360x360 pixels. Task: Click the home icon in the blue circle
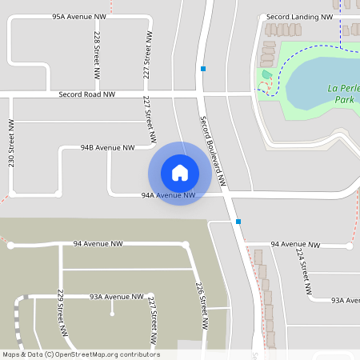pyautogui.click(x=180, y=172)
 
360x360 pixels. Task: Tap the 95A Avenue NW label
pyautogui.click(x=79, y=16)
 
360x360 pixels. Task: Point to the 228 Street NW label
pyautogui.click(x=97, y=54)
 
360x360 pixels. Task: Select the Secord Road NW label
pyautogui.click(x=86, y=94)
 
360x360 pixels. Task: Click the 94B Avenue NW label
pyautogui.click(x=107, y=147)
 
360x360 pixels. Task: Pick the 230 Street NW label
pyautogui.click(x=11, y=143)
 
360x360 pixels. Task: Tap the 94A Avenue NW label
pyautogui.click(x=168, y=194)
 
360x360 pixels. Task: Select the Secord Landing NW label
pyautogui.click(x=300, y=16)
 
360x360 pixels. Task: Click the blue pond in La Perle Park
pyautogui.click(x=316, y=84)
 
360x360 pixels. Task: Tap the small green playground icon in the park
pyautogui.click(x=266, y=75)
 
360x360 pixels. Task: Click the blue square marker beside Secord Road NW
pyautogui.click(x=204, y=69)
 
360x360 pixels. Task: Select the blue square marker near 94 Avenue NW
pyautogui.click(x=238, y=222)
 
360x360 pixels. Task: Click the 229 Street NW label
pyautogui.click(x=61, y=312)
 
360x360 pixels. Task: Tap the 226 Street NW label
pyautogui.click(x=202, y=306)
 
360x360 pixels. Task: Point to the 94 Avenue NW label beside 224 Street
pyautogui.click(x=295, y=244)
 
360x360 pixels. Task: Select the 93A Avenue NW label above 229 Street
pyautogui.click(x=116, y=296)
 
